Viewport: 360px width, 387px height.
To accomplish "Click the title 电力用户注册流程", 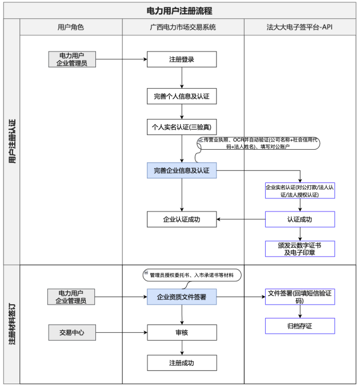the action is tap(179, 11).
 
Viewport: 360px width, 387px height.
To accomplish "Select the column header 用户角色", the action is tap(71, 27).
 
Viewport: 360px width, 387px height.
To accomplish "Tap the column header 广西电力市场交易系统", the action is tap(183, 27).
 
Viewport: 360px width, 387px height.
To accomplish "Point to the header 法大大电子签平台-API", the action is tap(299, 27).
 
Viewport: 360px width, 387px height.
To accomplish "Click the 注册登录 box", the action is tap(182, 59).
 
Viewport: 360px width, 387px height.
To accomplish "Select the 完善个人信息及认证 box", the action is tap(182, 96).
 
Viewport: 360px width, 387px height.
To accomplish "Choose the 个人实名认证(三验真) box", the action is tap(182, 127).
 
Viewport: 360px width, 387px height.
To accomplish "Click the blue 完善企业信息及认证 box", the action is tap(182, 170).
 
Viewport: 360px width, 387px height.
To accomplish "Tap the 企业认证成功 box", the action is tap(182, 219).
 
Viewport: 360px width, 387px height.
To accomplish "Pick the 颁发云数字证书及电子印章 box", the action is tap(300, 249).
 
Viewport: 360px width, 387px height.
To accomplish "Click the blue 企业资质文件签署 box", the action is tap(182, 297).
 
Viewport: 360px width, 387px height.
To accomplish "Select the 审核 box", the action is tap(182, 333).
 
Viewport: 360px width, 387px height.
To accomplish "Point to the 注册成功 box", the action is tap(182, 363).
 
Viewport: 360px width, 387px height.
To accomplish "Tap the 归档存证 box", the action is tap(300, 326).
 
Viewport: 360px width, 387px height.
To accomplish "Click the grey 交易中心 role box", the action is tap(72, 333).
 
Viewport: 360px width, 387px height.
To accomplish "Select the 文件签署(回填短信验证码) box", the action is tap(300, 297).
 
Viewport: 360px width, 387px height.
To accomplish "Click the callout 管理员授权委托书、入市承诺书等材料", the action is tap(192, 275).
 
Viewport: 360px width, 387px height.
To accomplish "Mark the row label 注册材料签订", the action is tap(12, 324).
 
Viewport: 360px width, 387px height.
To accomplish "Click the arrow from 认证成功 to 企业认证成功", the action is tap(241, 219).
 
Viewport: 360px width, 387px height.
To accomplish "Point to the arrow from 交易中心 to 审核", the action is tap(122, 333).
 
